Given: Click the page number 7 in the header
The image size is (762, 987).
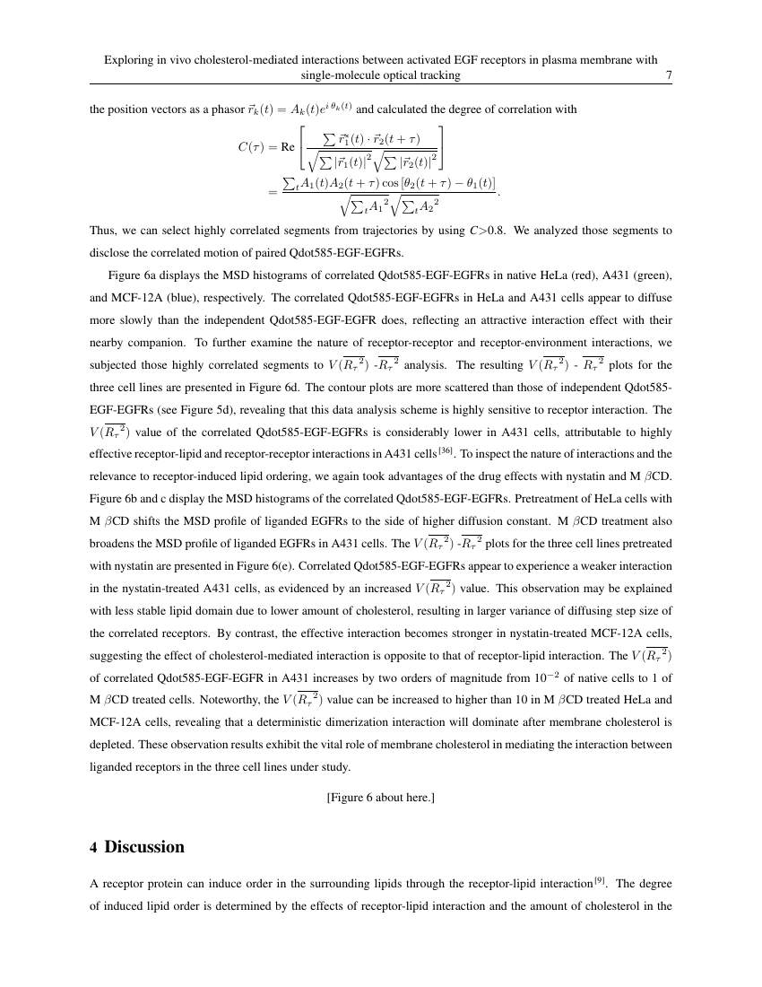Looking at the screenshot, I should click(669, 76).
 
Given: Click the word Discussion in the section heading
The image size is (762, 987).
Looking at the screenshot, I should click(144, 847).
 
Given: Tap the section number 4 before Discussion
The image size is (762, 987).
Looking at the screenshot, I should click(94, 847).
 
